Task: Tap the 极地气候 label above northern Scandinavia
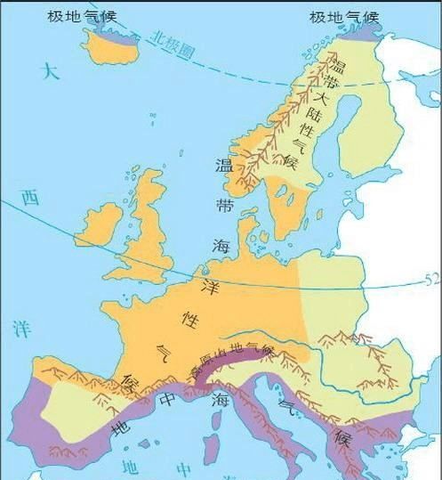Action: (x=344, y=17)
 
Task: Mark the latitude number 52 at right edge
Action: (x=430, y=280)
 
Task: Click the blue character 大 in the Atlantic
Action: (x=51, y=73)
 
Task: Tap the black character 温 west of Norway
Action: (x=224, y=165)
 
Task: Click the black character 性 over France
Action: (x=189, y=316)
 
